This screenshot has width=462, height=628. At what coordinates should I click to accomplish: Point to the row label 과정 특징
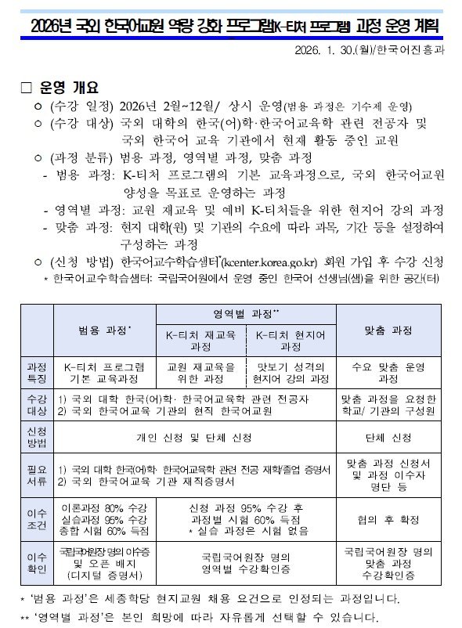(x=37, y=372)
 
